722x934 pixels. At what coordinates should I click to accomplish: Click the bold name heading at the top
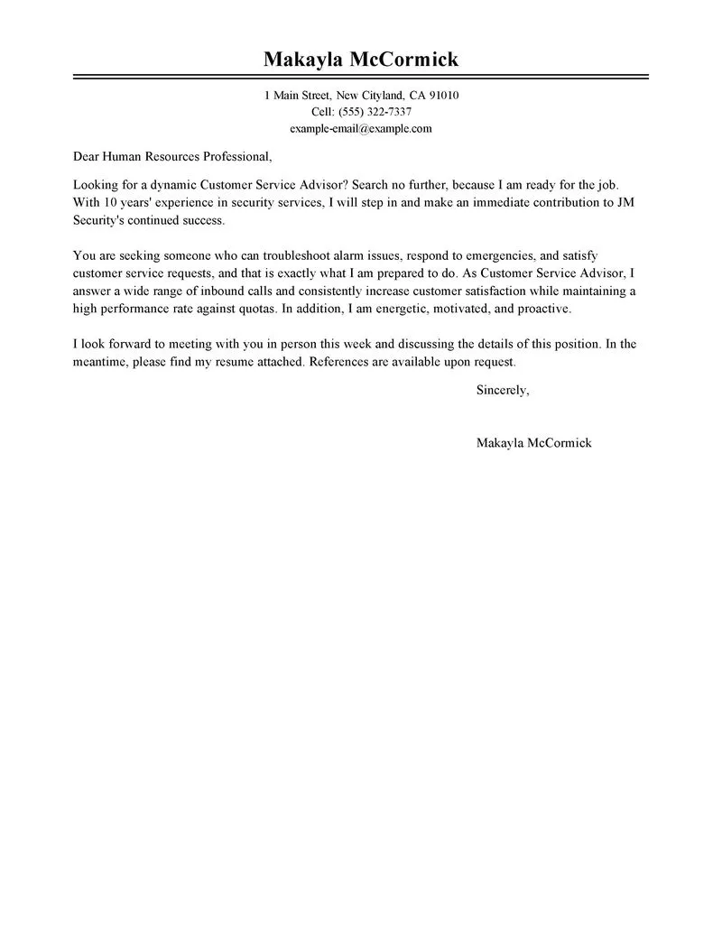[361, 60]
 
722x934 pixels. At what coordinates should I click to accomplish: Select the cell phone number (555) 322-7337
[375, 112]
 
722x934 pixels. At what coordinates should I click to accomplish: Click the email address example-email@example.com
[361, 128]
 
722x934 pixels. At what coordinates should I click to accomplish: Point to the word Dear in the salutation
[88, 156]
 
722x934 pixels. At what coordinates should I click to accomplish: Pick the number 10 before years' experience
[108, 202]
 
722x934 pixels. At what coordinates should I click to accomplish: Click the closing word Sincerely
[502, 391]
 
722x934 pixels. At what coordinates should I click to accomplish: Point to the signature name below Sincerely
[533, 443]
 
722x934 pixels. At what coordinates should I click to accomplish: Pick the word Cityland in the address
[384, 96]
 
